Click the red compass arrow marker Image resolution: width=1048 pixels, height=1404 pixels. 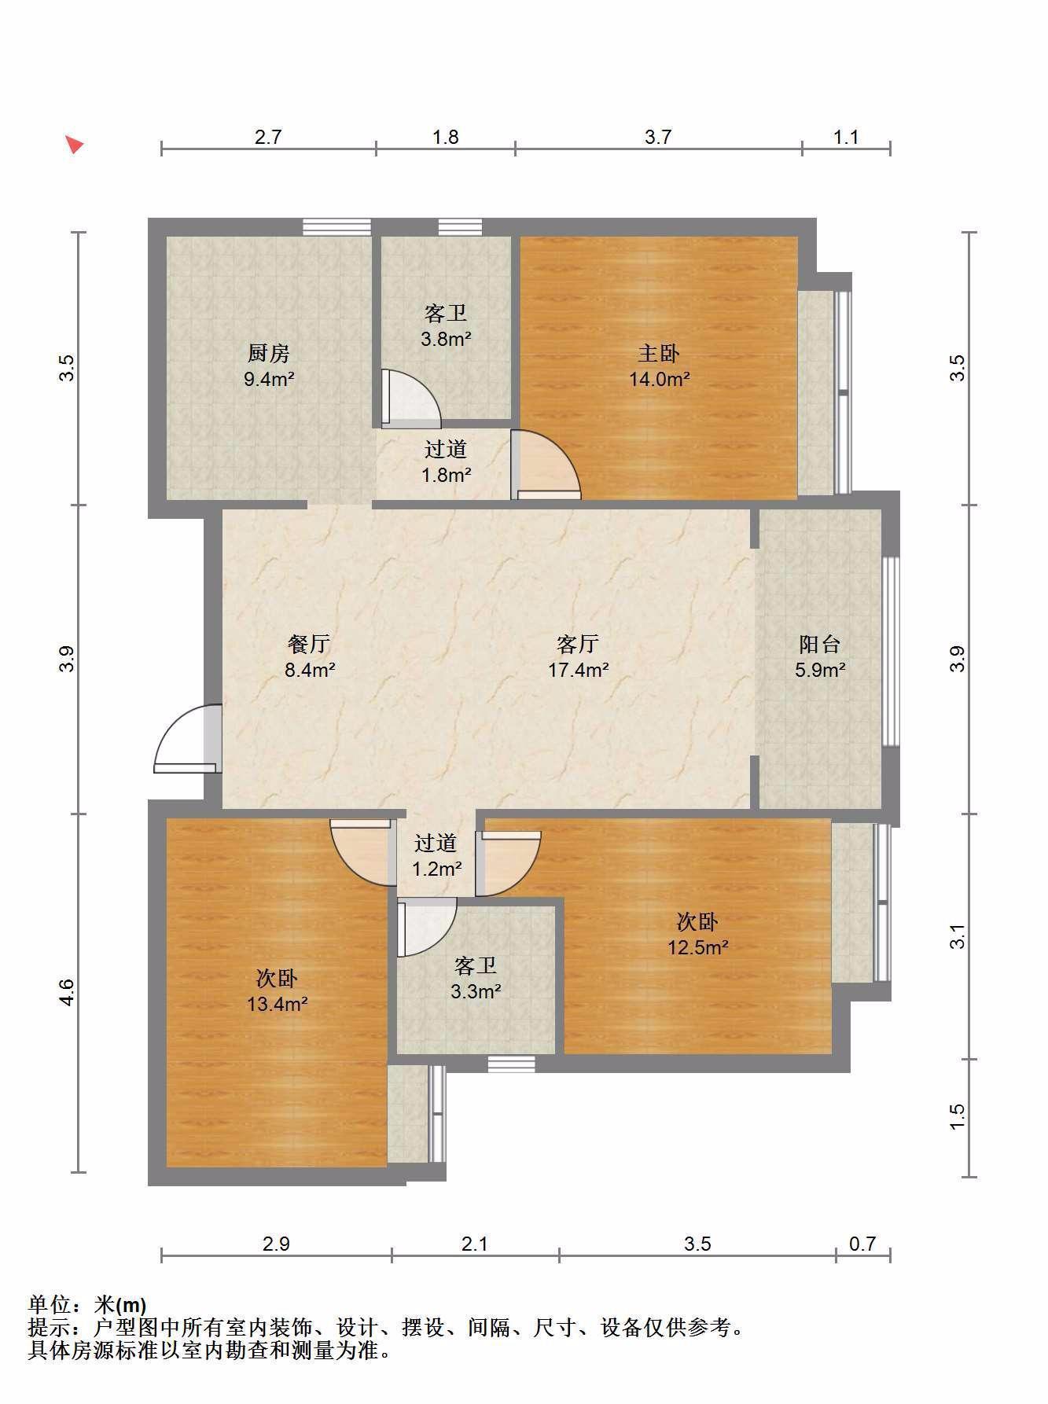coord(75,145)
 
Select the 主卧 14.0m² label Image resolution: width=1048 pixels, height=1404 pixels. coord(659,366)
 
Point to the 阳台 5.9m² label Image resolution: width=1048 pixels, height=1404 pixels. coord(820,657)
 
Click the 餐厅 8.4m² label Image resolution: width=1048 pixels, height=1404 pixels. coord(309,657)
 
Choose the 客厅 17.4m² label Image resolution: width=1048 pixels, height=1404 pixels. coord(578,657)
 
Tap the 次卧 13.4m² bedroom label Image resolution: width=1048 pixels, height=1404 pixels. coord(277,991)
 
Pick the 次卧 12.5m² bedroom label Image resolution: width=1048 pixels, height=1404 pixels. coord(698,934)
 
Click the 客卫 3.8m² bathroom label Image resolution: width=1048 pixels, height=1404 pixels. coord(446,326)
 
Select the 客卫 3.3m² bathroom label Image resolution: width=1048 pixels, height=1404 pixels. coord(476,979)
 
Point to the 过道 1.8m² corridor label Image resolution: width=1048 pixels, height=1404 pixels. coord(446,462)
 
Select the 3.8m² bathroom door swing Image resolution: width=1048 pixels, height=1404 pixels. coord(410,399)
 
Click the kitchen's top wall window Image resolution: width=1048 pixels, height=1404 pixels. coord(336,226)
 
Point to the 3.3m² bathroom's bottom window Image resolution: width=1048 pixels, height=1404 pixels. coord(511,1064)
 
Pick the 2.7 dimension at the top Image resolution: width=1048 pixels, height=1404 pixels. coord(268,138)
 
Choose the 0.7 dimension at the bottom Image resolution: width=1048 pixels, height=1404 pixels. coord(862,1244)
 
